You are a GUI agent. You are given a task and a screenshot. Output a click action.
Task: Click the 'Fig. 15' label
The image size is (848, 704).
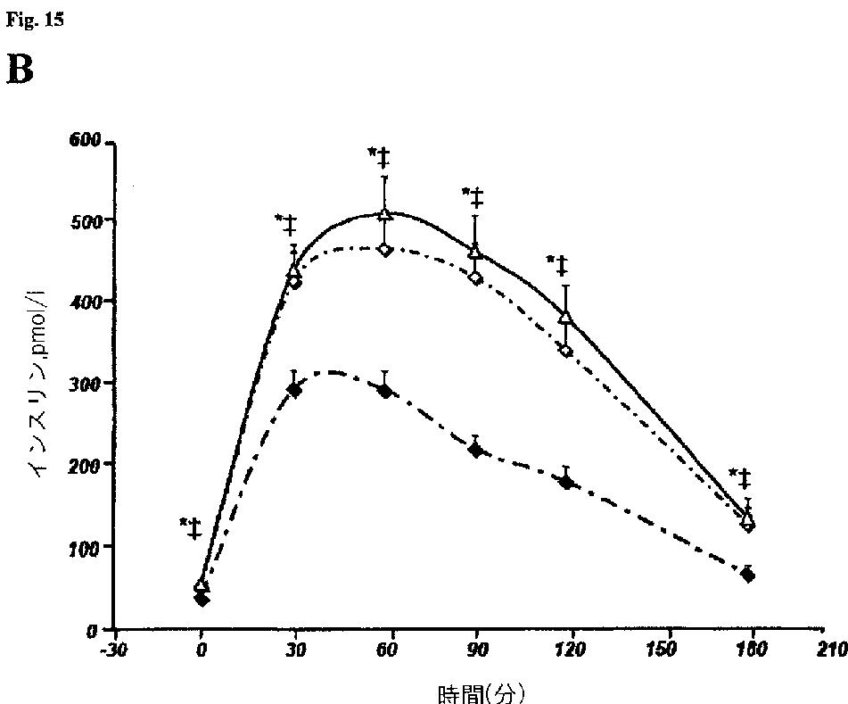click(35, 20)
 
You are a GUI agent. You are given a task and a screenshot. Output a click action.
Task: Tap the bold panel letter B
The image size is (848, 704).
click(20, 70)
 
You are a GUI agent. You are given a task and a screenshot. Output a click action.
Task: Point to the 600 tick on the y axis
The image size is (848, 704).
click(85, 140)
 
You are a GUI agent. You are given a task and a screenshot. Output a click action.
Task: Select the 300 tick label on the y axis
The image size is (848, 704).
click(85, 385)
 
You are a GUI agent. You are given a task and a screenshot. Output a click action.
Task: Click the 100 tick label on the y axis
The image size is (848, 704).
click(85, 549)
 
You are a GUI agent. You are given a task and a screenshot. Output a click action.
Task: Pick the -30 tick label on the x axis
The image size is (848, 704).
click(113, 650)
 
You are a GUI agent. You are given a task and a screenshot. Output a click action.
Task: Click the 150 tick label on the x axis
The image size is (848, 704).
click(661, 650)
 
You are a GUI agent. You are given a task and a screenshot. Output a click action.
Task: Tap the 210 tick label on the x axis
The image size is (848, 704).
click(832, 650)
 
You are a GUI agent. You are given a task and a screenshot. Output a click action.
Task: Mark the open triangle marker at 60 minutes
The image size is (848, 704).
click(384, 215)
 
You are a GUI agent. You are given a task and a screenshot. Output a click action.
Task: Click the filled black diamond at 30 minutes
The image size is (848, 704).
click(295, 390)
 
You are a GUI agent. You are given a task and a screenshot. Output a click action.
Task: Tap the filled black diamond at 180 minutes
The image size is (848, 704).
click(748, 576)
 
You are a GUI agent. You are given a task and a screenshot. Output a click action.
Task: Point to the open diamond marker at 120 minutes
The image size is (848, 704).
click(566, 352)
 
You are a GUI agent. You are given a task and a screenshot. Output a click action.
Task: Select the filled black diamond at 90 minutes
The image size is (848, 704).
click(476, 451)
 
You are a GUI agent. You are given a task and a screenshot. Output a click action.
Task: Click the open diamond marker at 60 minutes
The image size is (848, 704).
click(385, 250)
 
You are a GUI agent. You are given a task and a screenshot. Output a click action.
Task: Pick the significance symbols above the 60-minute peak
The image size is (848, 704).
click(379, 157)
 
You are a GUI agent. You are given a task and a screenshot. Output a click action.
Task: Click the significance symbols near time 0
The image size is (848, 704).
click(191, 528)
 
